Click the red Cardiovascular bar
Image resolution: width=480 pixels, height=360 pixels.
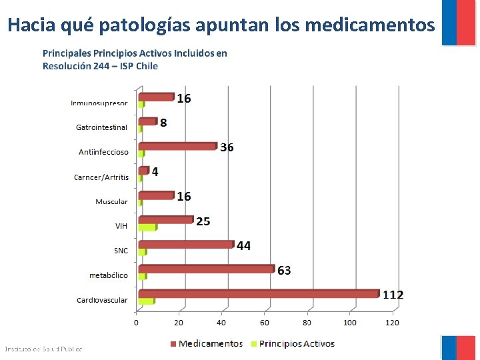[x=259, y=293]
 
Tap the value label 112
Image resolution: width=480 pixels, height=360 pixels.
[x=393, y=295]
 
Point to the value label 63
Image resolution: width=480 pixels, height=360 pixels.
[x=284, y=270]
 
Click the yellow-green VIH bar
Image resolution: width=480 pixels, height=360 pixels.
[x=147, y=227]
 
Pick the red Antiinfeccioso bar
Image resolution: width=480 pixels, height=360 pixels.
[x=178, y=146]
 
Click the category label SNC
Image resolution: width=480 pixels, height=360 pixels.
[x=121, y=251]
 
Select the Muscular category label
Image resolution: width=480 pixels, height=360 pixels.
[x=111, y=201]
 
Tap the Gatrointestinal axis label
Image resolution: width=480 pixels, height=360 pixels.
[x=101, y=127]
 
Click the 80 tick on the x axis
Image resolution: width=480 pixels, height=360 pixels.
[x=307, y=323]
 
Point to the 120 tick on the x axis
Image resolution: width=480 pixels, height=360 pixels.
[x=392, y=323]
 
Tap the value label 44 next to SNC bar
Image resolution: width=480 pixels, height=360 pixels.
[x=243, y=246]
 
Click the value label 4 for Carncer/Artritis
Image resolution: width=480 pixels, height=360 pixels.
[x=155, y=172]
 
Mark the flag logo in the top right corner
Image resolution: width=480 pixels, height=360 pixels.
[x=459, y=22]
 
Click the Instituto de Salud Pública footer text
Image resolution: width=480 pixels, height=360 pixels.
[x=43, y=349]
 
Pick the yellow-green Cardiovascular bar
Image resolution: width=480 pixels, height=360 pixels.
[x=146, y=301]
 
